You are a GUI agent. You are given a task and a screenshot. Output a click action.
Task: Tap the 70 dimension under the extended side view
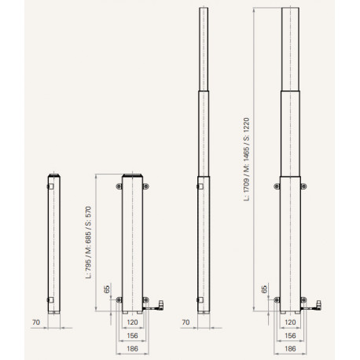pyautogui.click(x=186, y=322)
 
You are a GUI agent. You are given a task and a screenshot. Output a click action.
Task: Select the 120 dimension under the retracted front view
pyautogui.click(x=131, y=323)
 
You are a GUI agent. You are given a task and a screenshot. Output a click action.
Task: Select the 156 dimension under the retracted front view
pyautogui.click(x=131, y=334)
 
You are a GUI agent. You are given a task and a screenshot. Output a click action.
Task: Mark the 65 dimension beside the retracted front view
pyautogui.click(x=106, y=290)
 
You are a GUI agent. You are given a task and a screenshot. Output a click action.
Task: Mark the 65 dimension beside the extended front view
pyautogui.click(x=263, y=290)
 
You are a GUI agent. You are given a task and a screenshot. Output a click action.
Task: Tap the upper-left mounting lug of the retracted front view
pyautogui.click(x=119, y=186)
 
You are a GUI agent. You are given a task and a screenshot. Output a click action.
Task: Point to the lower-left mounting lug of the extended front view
pyautogui.click(x=276, y=299)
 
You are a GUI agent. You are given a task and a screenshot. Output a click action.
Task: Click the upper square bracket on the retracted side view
pyautogui.click(x=48, y=186)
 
